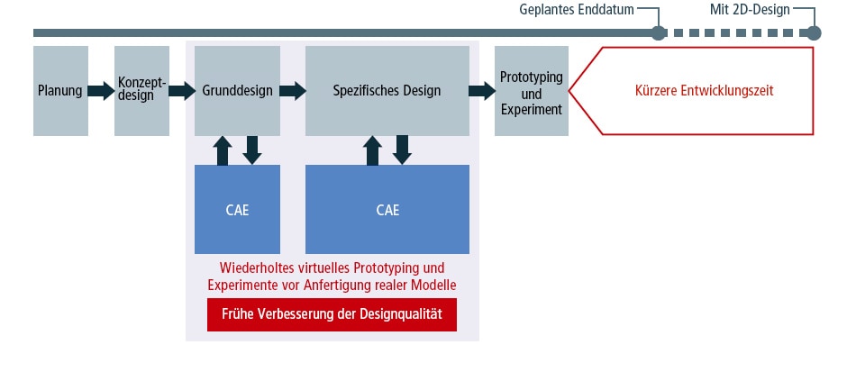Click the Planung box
[x=60, y=90]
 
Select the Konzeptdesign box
[x=141, y=90]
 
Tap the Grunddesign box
[x=237, y=90]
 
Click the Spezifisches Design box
[x=387, y=90]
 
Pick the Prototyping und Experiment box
[x=531, y=90]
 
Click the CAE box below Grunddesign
[x=237, y=210]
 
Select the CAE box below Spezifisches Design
[x=387, y=210]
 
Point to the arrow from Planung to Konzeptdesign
[x=100, y=90]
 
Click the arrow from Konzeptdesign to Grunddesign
[x=182, y=90]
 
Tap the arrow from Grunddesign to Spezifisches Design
[x=292, y=90]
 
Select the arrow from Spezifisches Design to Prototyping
[x=480, y=90]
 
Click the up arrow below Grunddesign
[x=223, y=150]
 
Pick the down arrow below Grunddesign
[x=252, y=150]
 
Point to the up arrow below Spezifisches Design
[x=372, y=150]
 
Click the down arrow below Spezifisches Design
[x=402, y=150]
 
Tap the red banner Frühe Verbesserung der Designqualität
[x=332, y=315]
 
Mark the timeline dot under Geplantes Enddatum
[x=659, y=33]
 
